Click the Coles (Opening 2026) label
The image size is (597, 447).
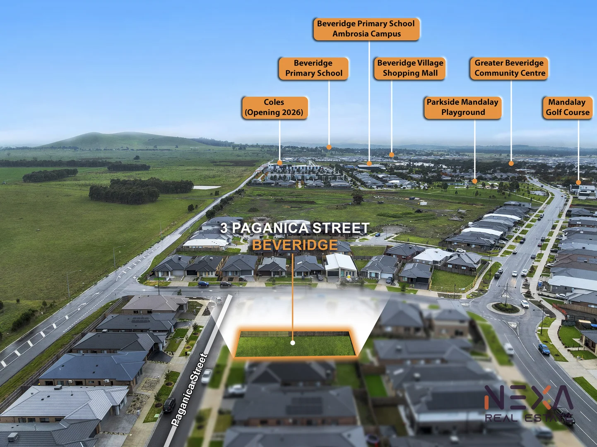pyautogui.click(x=275, y=108)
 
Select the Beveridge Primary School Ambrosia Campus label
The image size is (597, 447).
pyautogui.click(x=366, y=29)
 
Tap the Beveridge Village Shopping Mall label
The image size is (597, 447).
pyautogui.click(x=410, y=68)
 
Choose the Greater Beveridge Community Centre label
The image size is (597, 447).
pyautogui.click(x=509, y=68)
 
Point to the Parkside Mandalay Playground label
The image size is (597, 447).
pyautogui.click(x=462, y=108)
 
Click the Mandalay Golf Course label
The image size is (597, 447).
pyautogui.click(x=568, y=108)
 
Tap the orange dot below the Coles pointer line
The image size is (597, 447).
pyautogui.click(x=279, y=163)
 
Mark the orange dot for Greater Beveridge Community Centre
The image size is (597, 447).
pyautogui.click(x=511, y=163)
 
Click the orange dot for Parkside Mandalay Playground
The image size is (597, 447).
pyautogui.click(x=474, y=181)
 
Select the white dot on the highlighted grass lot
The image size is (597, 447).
pyautogui.click(x=293, y=343)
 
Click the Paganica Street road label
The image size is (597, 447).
pyautogui.click(x=189, y=389)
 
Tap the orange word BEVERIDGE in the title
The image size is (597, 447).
pyautogui.click(x=295, y=245)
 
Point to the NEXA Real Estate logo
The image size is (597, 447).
pyautogui.click(x=529, y=404)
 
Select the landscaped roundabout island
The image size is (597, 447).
pyautogui.click(x=506, y=308)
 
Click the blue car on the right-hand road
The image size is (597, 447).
pyautogui.click(x=544, y=349)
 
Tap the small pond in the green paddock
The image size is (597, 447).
pyautogui.click(x=207, y=187)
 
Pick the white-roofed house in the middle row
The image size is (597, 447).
pyautogui.click(x=340, y=265)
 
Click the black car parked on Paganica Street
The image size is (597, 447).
pyautogui.click(x=169, y=405)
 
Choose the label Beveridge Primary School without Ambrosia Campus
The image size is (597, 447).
pyautogui.click(x=313, y=68)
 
